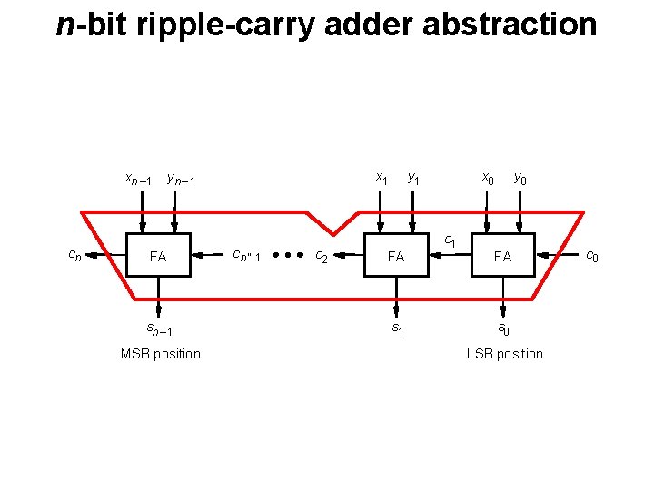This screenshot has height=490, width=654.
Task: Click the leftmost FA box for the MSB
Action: tap(158, 256)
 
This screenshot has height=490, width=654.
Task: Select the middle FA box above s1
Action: tap(395, 256)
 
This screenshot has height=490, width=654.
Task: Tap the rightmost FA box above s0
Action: tap(502, 256)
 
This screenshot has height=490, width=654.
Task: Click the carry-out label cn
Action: tap(76, 256)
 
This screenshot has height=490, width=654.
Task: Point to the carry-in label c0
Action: tap(591, 257)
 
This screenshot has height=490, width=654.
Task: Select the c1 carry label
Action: tap(449, 241)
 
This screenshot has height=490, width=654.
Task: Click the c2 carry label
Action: tap(322, 256)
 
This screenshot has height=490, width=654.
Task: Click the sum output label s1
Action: tap(397, 328)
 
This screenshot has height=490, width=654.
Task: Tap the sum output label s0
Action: tap(503, 328)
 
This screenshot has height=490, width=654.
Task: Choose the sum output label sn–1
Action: tap(160, 328)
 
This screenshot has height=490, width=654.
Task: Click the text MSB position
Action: tap(160, 354)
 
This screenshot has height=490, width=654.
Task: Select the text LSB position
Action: tap(504, 354)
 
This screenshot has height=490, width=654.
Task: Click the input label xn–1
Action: tap(138, 179)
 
